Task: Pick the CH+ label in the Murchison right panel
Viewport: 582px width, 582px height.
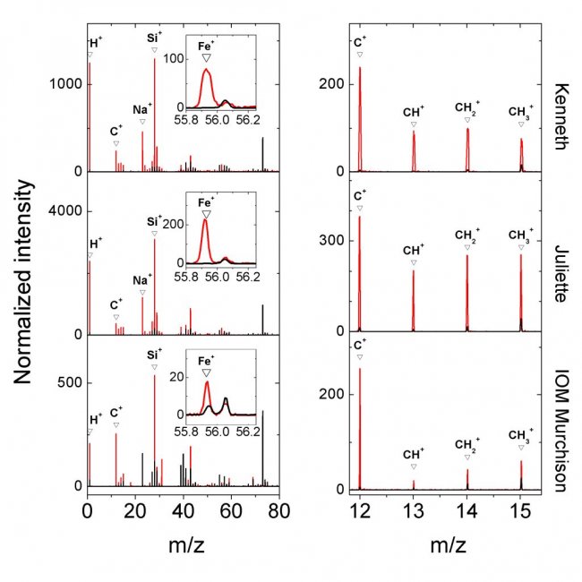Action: coord(414,454)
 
